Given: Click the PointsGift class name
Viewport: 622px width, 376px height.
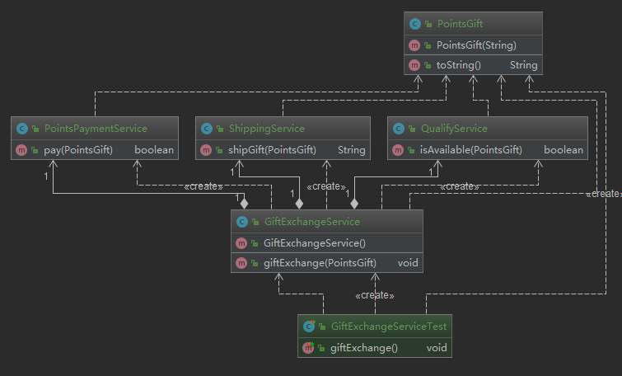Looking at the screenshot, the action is click(x=460, y=24).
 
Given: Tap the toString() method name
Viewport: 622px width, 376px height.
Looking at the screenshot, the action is click(x=459, y=65).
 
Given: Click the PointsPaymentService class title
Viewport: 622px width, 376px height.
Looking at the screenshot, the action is click(x=96, y=129).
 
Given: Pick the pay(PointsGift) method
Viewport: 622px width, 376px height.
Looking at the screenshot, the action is click(x=78, y=150).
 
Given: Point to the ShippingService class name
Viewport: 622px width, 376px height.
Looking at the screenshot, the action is click(x=267, y=129).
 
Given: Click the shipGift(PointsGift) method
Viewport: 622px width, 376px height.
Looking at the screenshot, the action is click(x=272, y=150).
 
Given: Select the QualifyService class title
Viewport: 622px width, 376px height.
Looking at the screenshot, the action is click(x=454, y=129).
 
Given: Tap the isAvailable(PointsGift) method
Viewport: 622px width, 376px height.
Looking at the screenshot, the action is click(x=471, y=150).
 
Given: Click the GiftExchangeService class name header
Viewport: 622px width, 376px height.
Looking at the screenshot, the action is click(x=311, y=222).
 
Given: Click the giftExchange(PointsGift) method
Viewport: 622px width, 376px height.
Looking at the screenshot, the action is click(x=320, y=263).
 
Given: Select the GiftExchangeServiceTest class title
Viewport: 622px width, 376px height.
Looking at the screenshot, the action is click(x=389, y=327).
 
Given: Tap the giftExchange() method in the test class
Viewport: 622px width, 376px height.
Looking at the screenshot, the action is click(x=364, y=348).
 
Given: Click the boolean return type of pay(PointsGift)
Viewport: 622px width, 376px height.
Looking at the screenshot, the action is click(x=154, y=150).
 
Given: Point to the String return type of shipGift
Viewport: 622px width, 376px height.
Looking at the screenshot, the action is click(x=352, y=150).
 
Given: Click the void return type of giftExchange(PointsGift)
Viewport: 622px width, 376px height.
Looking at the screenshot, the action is click(x=408, y=263).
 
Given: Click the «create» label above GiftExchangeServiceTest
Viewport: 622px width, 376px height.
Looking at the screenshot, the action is click(x=375, y=295).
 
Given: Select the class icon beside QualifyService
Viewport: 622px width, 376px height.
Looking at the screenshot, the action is click(x=398, y=129).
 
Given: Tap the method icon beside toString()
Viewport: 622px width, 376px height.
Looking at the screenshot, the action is click(x=414, y=65).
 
